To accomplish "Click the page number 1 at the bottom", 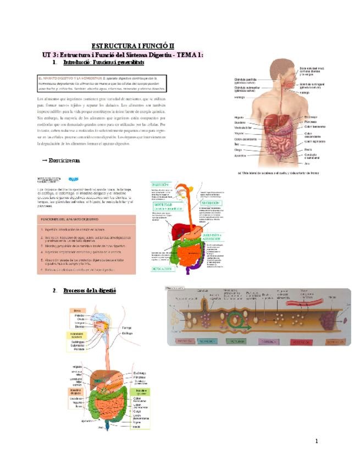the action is pyautogui.click(x=317, y=441).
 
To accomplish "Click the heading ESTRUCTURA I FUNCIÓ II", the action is pyautogui.click(x=132, y=46).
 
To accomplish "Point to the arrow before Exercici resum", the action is pyautogui.click(x=44, y=160).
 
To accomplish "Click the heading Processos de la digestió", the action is pyautogui.click(x=90, y=290).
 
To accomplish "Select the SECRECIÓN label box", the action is pyautogui.click(x=211, y=203).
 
